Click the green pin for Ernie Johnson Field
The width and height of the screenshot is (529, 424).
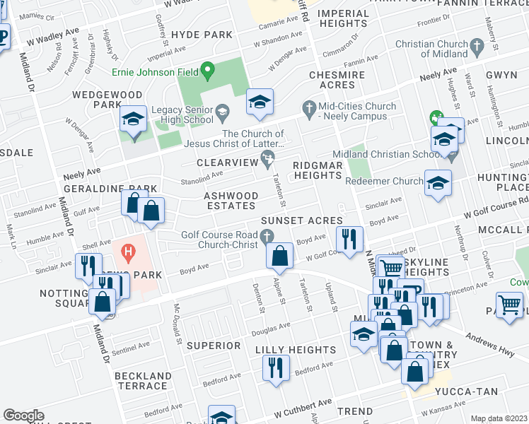pyautogui.click(x=207, y=70)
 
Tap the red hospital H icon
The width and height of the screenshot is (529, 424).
pyautogui.click(x=128, y=250)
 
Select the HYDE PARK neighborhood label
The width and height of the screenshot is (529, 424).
pyautogui.click(x=202, y=35)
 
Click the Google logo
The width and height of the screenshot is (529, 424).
pyautogui.click(x=23, y=416)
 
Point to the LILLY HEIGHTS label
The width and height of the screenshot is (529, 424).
pyautogui.click(x=296, y=350)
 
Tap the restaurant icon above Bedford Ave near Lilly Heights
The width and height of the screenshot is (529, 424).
pyautogui.click(x=275, y=368)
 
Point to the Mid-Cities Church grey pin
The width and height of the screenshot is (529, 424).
pyautogui.click(x=308, y=107)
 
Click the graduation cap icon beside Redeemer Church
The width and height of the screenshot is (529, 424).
pyautogui.click(x=437, y=182)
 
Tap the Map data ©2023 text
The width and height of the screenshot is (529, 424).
pyautogui.click(x=499, y=418)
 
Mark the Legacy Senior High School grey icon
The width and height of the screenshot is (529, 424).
pyautogui.click(x=222, y=111)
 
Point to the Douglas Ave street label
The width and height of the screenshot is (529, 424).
pyautogui.click(x=272, y=328)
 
